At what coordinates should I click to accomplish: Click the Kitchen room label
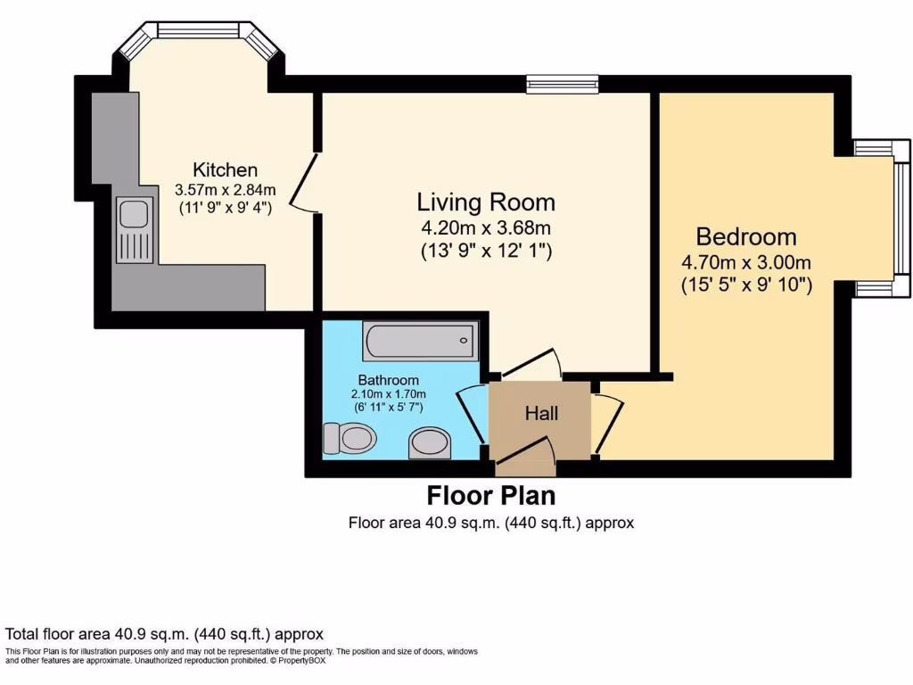226,169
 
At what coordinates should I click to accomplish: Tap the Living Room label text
487,202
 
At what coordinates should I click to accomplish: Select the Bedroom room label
746,237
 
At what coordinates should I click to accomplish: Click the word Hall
541,413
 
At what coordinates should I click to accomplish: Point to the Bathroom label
388,379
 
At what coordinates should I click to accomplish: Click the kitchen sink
135,215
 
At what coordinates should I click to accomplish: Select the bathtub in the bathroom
419,341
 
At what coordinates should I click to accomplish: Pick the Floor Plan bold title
491,495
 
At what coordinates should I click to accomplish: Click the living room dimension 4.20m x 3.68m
487,227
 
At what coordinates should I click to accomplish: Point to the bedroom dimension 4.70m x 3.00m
746,262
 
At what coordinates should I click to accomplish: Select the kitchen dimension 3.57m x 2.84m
226,189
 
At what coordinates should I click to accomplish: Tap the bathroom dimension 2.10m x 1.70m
388,393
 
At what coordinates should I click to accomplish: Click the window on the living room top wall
562,84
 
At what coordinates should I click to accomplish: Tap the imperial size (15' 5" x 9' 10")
746,285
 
